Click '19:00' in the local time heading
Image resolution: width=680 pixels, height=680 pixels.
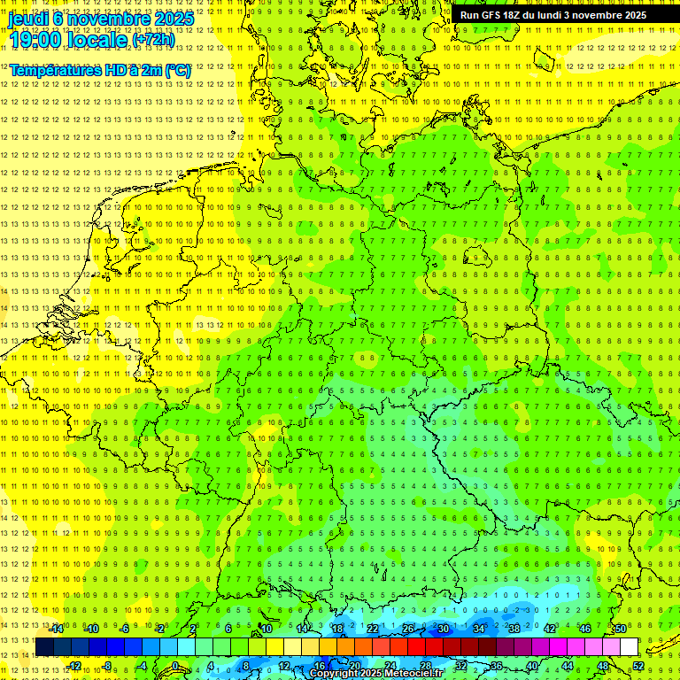pyautogui.click(x=36, y=40)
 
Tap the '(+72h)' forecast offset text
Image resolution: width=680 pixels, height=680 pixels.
pyautogui.click(x=153, y=40)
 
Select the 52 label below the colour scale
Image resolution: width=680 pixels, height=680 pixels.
pyautogui.click(x=638, y=666)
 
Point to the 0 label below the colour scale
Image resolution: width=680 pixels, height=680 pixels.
pyautogui.click(x=175, y=666)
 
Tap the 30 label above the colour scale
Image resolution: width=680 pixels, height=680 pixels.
pyautogui.click(x=444, y=629)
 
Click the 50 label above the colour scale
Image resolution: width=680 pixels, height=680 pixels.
pyautogui.click(x=621, y=629)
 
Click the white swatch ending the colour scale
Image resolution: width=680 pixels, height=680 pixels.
pyautogui.click(x=629, y=647)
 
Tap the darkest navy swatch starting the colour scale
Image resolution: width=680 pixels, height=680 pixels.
pyautogui.click(x=44, y=647)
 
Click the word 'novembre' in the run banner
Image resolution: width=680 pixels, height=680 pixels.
pyautogui.click(x=606, y=15)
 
